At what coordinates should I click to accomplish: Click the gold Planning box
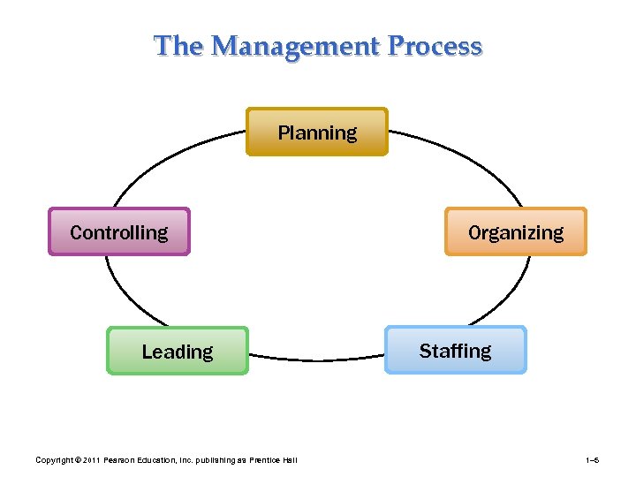(x=317, y=132)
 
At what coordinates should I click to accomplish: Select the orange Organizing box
(x=516, y=232)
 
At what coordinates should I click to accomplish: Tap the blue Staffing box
(x=455, y=351)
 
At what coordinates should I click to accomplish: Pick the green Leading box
(x=178, y=352)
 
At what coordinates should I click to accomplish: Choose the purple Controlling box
(x=119, y=232)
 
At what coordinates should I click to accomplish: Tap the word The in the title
(x=178, y=46)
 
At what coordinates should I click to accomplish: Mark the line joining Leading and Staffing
(x=316, y=360)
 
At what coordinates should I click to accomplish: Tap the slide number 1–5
(x=593, y=460)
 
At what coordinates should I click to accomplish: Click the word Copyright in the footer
(x=52, y=460)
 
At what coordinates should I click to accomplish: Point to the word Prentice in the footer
(x=266, y=460)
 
